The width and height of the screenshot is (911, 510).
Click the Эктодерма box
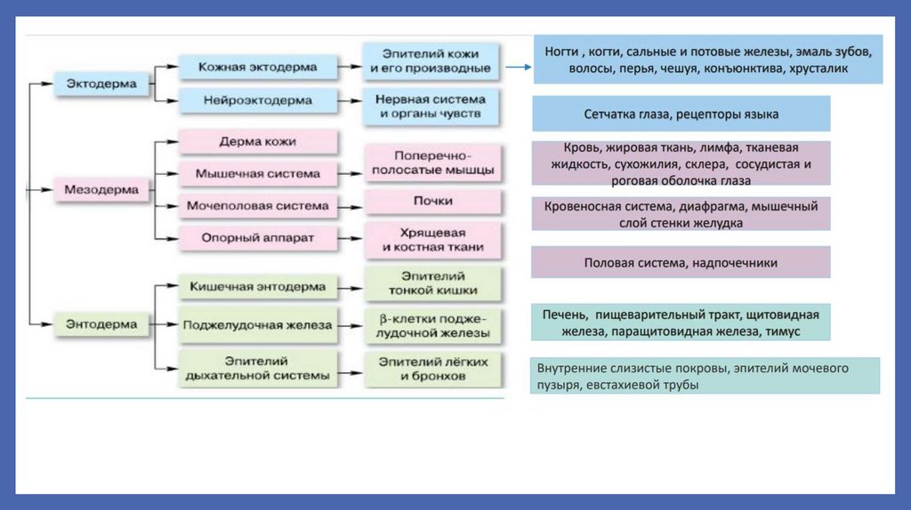click(x=101, y=84)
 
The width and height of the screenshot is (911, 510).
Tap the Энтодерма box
click(x=101, y=324)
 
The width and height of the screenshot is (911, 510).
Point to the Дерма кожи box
click(x=258, y=141)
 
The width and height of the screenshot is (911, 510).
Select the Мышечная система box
click(x=258, y=173)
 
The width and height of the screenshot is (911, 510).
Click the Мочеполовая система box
click(x=258, y=206)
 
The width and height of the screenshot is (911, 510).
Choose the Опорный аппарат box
click(x=258, y=237)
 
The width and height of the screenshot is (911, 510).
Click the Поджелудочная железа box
click(x=258, y=325)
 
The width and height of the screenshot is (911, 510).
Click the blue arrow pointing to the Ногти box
click(x=518, y=66)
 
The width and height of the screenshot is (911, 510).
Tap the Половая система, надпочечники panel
click(x=681, y=263)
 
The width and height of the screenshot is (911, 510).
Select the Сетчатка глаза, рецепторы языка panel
click(x=681, y=115)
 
